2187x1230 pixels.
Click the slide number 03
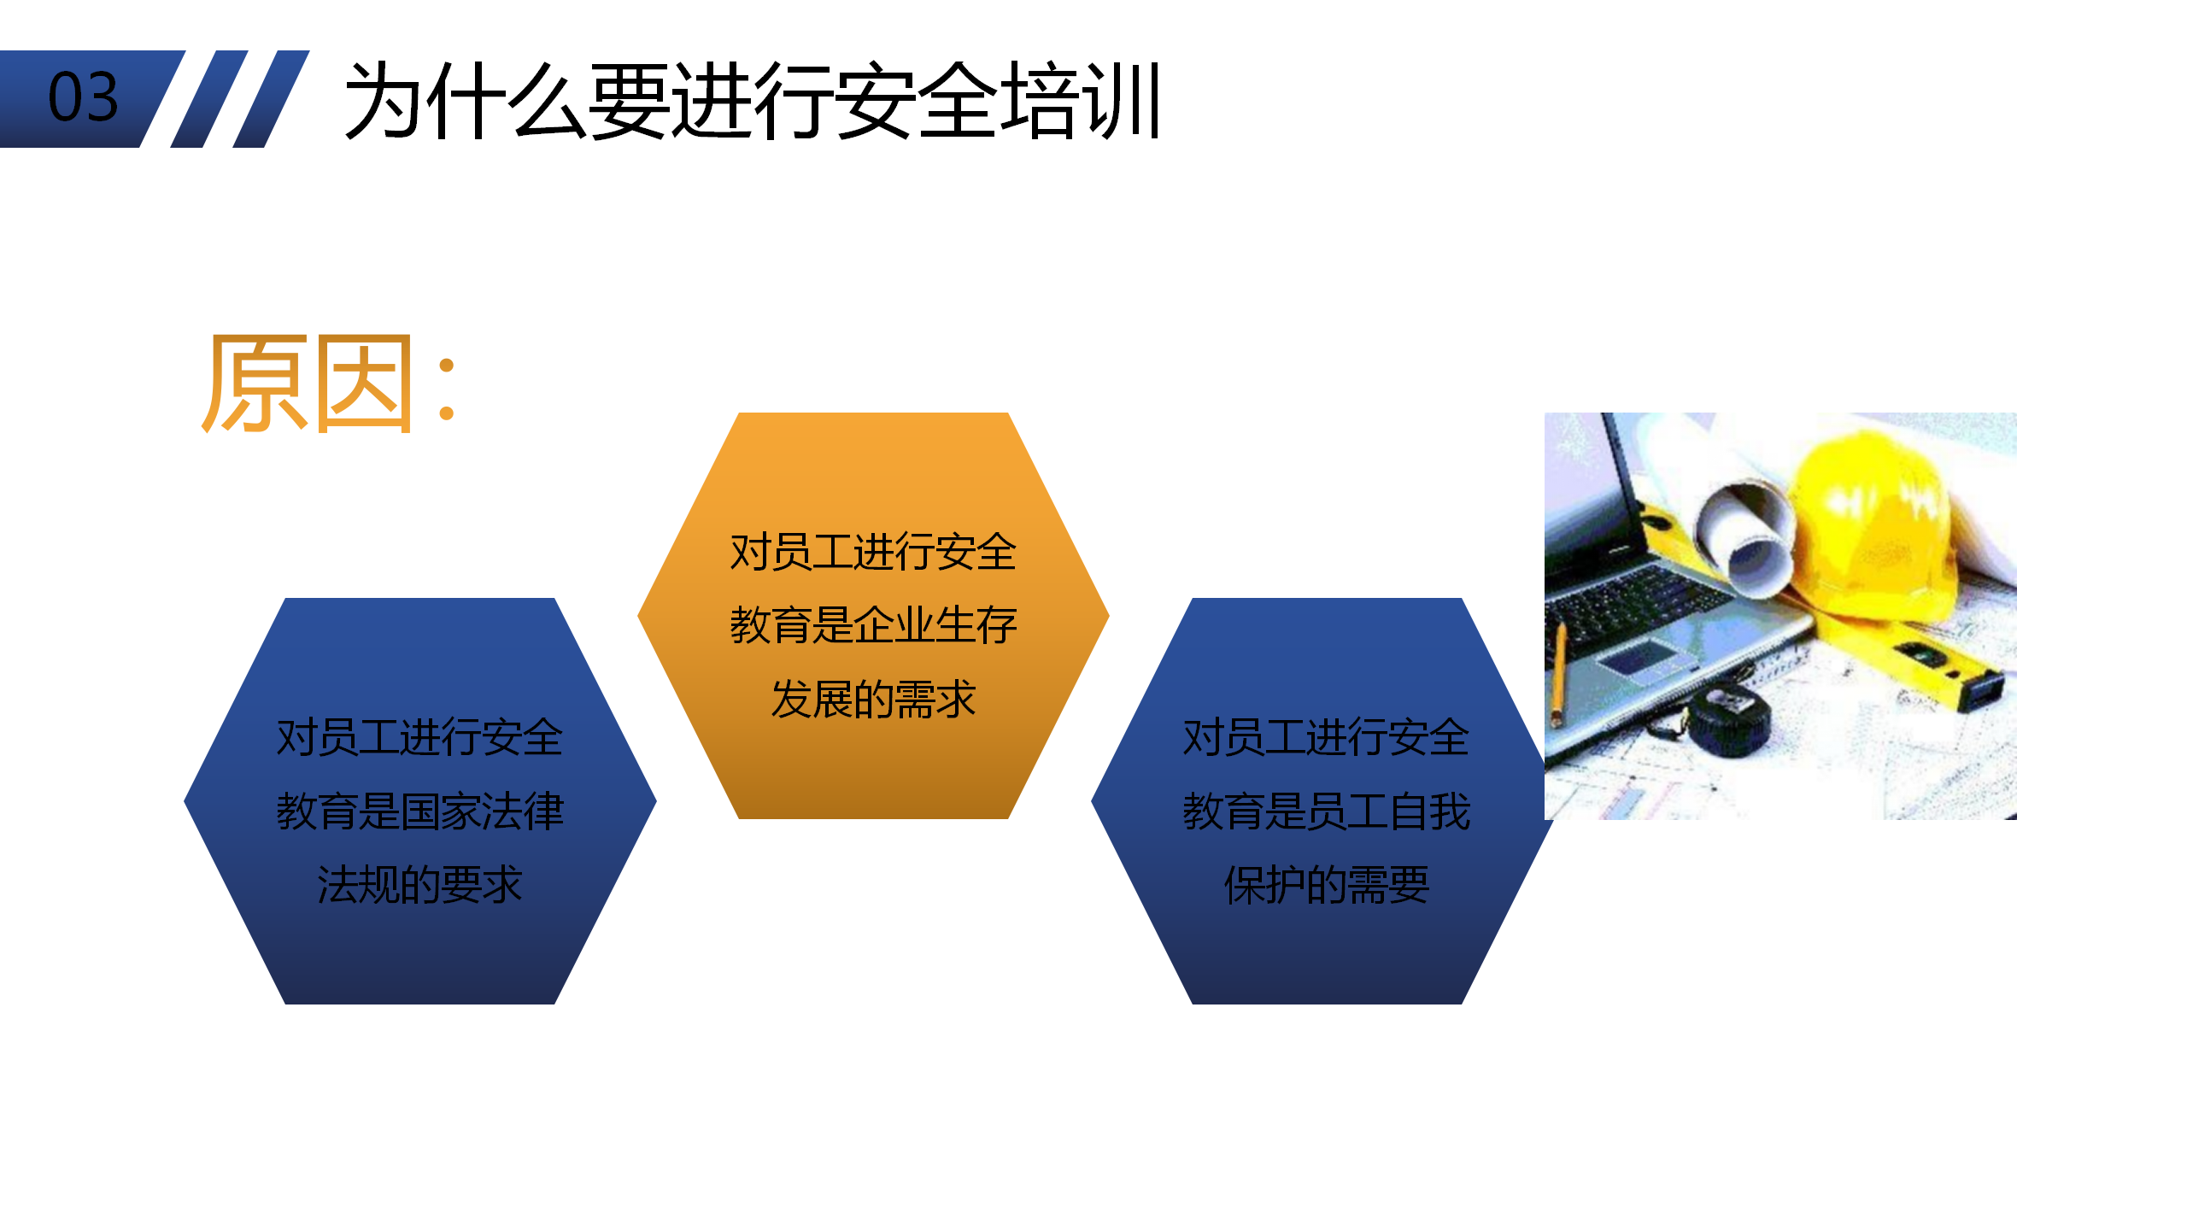click(83, 97)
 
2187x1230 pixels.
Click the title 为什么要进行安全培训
click(753, 101)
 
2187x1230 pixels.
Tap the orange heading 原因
click(308, 384)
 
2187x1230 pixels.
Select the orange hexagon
click(873, 615)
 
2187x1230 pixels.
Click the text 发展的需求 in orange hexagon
click(873, 699)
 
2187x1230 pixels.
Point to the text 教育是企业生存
click(873, 624)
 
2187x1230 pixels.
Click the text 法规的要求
click(419, 884)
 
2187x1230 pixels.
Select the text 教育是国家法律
click(419, 811)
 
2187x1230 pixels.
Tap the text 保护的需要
click(1326, 884)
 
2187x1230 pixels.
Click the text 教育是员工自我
click(1326, 811)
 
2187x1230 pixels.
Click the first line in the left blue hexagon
click(419, 737)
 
